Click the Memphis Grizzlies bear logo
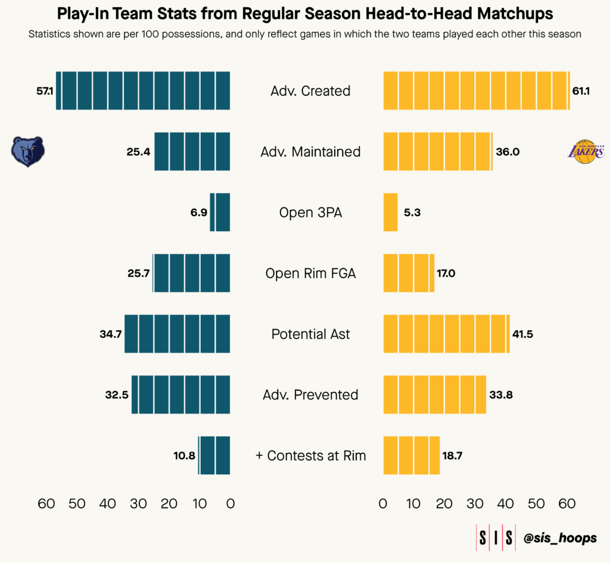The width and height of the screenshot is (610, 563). click(27, 152)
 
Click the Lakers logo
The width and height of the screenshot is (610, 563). click(586, 152)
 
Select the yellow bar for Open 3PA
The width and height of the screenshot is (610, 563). click(390, 212)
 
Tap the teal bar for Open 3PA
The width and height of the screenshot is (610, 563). click(220, 212)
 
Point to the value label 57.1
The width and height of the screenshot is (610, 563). click(45, 91)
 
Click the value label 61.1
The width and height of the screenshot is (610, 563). click(581, 91)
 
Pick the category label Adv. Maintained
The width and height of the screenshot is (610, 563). click(310, 152)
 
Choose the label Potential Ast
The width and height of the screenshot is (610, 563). click(310, 334)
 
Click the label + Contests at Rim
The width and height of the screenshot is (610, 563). click(310, 456)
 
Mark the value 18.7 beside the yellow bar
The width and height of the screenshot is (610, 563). click(453, 456)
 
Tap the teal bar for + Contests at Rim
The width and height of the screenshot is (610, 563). click(214, 456)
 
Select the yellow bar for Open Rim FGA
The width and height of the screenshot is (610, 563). click(409, 273)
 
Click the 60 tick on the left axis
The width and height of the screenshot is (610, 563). click(46, 504)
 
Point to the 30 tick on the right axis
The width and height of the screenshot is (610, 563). click(475, 504)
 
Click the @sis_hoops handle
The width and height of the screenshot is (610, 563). click(560, 538)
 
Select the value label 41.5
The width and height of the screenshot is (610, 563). click(522, 334)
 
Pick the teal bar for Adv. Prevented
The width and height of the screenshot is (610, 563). click(180, 395)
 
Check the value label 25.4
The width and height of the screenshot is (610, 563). click(138, 152)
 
